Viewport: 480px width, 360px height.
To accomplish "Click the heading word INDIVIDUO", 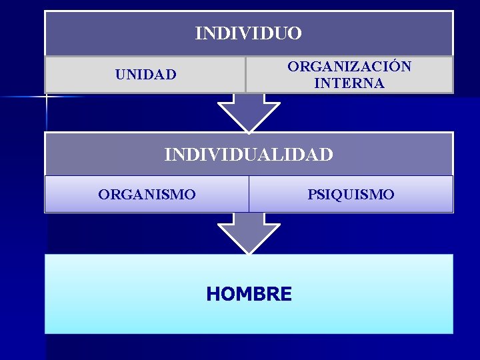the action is [248, 33].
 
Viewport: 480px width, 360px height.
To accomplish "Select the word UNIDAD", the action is [146, 75].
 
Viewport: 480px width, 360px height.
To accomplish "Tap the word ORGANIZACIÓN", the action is [349, 67].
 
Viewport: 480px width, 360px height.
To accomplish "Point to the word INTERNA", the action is [349, 83].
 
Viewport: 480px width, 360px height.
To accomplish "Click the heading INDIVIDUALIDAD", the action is [249, 155].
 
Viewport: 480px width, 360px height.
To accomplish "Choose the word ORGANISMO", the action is [147, 195].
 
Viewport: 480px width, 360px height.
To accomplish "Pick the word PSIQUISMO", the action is [351, 195].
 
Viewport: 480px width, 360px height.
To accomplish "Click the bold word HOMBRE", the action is [249, 294].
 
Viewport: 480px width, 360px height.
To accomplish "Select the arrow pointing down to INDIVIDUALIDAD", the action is [249, 112].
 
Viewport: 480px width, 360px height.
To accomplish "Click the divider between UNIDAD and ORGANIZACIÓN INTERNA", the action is [246, 75].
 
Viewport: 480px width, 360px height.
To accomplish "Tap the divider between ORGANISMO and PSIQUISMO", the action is [249, 195].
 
